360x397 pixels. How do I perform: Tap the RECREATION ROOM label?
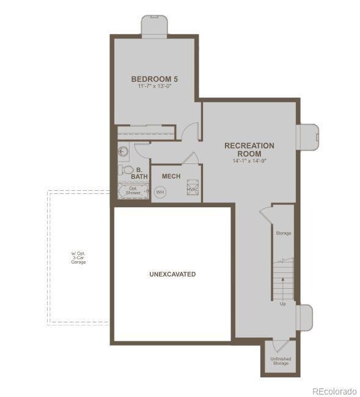pyautogui.click(x=249, y=149)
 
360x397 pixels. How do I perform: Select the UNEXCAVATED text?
pyautogui.click(x=172, y=274)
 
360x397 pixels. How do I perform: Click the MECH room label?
pyautogui.click(x=171, y=176)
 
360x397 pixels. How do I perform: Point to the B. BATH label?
pyautogui.click(x=139, y=173)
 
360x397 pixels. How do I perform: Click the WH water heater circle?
pyautogui.click(x=160, y=192)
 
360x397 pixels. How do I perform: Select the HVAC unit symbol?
pyautogui.click(x=193, y=187)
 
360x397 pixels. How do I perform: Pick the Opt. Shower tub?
pyautogui.click(x=133, y=191)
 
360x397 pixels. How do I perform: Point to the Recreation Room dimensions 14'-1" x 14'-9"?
pyautogui.click(x=249, y=161)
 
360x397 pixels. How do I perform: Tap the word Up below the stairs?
pyautogui.click(x=282, y=303)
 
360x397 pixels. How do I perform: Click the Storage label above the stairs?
pyautogui.click(x=284, y=233)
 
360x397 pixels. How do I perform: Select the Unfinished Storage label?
pyautogui.click(x=281, y=360)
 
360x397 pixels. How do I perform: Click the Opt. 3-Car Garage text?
pyautogui.click(x=78, y=258)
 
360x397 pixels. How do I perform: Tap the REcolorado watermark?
pyautogui.click(x=334, y=391)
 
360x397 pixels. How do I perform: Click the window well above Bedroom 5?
pyautogui.click(x=154, y=26)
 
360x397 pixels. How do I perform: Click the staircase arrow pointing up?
pyautogui.click(x=282, y=281)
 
